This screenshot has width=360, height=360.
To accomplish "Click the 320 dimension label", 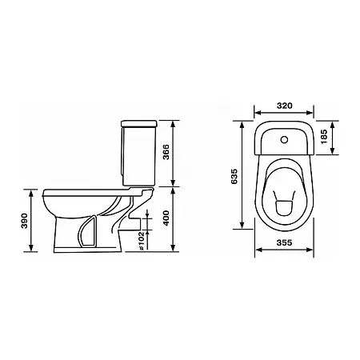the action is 284,106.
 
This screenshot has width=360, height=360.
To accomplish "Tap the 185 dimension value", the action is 324,137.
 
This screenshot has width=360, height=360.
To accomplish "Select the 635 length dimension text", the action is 234,176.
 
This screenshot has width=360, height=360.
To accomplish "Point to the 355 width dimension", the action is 284,243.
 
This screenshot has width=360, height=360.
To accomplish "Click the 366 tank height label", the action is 166,152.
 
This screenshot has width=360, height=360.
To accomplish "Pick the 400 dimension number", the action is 166,218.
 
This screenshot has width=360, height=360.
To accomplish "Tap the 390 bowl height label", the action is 24,221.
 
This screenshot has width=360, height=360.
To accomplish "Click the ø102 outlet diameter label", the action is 142,241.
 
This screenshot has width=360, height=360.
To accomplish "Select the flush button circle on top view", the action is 284,139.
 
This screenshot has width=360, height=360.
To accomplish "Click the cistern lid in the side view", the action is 139,123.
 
